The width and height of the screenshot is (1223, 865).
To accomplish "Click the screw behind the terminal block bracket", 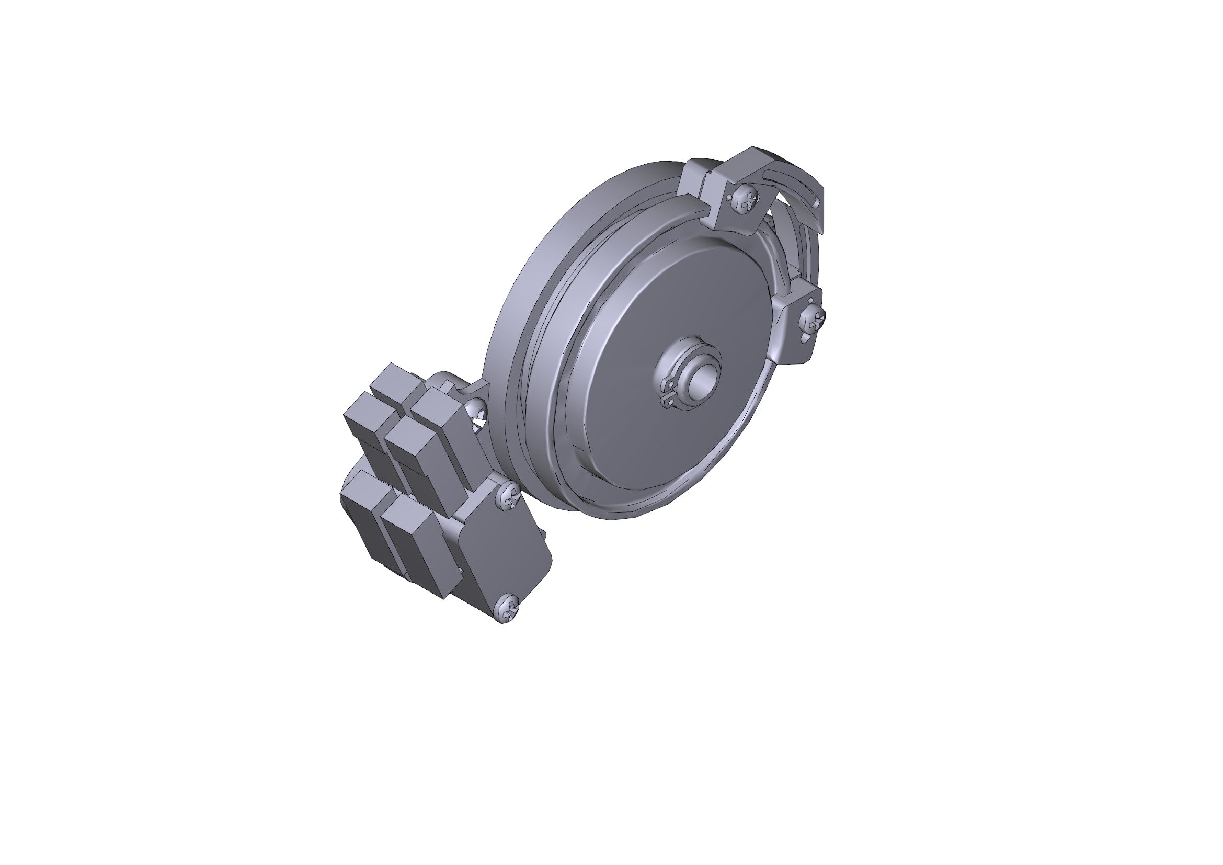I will pyautogui.click(x=476, y=409).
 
